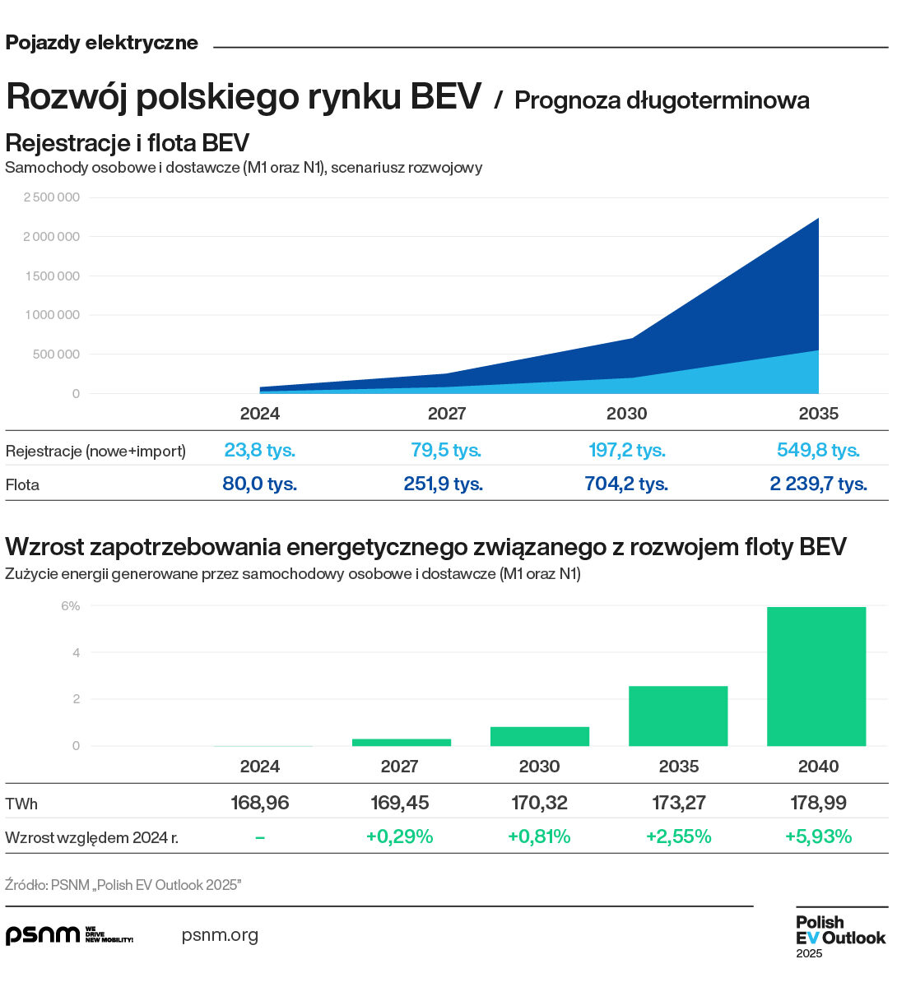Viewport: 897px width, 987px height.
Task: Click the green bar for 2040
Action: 816,676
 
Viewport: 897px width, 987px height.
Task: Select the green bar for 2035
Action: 678,716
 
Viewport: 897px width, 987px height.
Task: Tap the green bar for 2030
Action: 539,736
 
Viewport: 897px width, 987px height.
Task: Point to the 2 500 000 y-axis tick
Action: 52,197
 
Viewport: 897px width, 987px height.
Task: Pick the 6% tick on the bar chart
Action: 71,606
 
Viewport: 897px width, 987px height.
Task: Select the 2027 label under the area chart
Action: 447,414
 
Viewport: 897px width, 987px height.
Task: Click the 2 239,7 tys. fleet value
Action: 818,484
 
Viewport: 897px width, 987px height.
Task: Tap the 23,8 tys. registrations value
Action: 259,451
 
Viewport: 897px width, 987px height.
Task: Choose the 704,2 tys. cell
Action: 626,484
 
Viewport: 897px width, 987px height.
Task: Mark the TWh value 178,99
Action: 818,803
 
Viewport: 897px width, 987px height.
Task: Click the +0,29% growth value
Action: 399,837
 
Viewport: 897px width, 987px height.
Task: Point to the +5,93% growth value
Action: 818,837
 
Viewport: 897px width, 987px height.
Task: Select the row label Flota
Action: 22,484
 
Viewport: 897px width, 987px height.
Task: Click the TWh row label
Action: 21,804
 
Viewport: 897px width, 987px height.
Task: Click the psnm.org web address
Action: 220,935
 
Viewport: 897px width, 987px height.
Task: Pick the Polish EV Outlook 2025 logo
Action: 839,936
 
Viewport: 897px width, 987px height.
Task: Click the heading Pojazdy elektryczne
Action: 102,43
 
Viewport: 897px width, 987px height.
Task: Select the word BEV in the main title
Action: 445,97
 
